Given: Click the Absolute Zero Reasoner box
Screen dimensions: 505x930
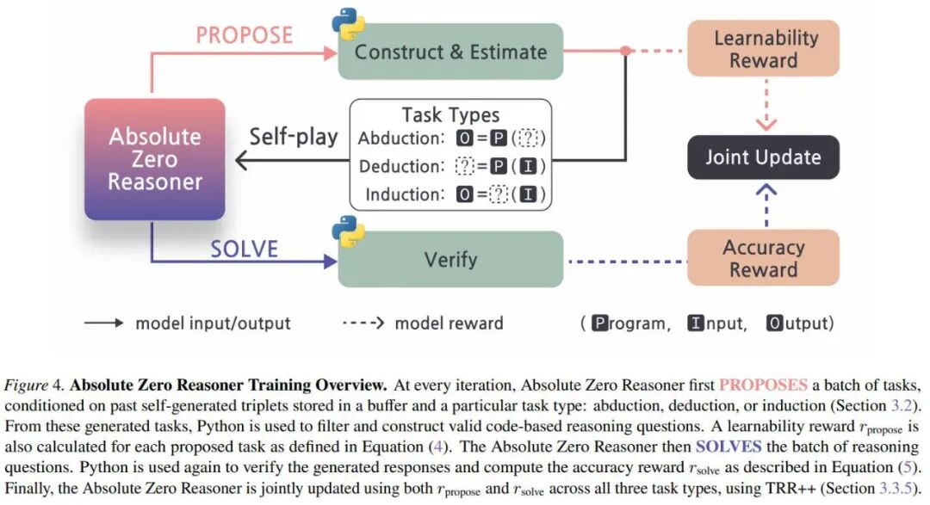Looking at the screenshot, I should pyautogui.click(x=155, y=159).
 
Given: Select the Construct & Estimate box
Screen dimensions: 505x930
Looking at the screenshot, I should pyautogui.click(x=450, y=52).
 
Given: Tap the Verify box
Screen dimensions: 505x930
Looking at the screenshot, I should pyautogui.click(x=450, y=259).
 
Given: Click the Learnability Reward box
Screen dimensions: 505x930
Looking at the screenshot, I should pyautogui.click(x=763, y=49).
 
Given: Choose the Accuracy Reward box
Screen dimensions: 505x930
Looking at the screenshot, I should pyautogui.click(x=763, y=258).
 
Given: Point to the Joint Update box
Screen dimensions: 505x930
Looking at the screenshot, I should pyautogui.click(x=763, y=157).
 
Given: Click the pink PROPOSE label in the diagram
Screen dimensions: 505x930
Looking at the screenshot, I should pyautogui.click(x=245, y=35).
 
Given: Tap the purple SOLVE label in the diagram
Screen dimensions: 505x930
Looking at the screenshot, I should pyautogui.click(x=245, y=249).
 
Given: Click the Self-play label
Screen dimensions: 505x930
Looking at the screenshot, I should pyautogui.click(x=294, y=137).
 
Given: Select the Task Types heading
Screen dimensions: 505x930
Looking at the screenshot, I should pyautogui.click(x=450, y=115).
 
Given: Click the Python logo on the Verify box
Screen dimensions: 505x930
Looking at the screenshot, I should pyautogui.click(x=349, y=231).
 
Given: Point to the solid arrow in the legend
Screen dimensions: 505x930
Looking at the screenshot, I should pyautogui.click(x=104, y=323).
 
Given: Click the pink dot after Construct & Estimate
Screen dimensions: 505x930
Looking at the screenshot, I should pyautogui.click(x=626, y=51).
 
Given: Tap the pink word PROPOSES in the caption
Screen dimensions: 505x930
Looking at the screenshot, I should pyautogui.click(x=763, y=384).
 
